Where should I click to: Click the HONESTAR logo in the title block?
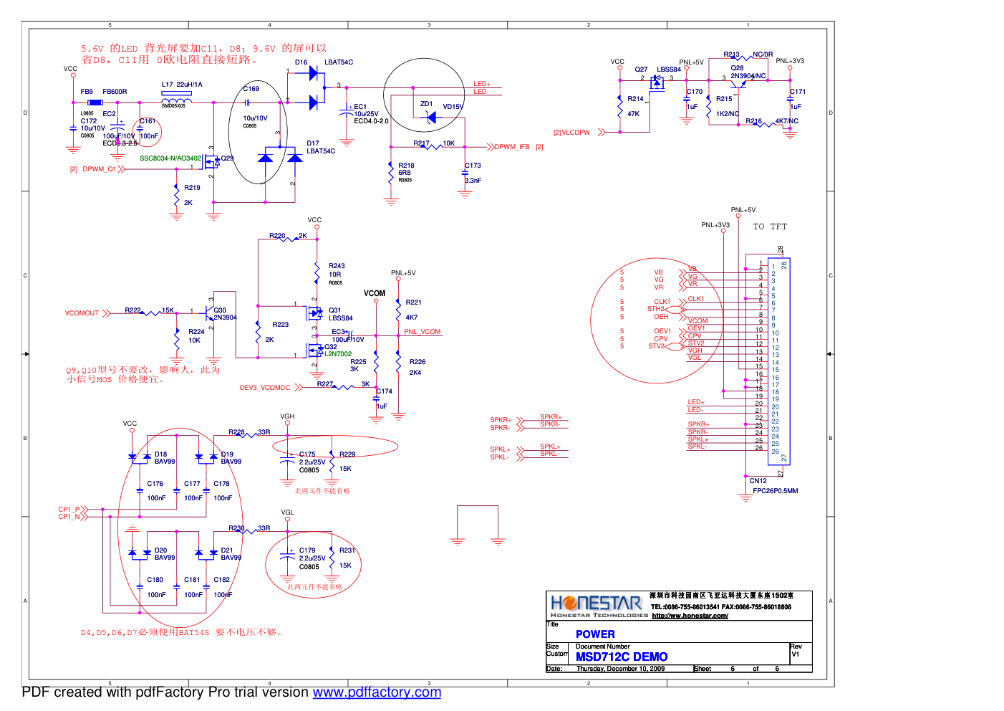click(x=596, y=604)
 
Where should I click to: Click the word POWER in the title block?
click(x=595, y=634)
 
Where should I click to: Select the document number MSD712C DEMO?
click(x=622, y=657)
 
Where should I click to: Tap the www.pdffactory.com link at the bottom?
click(x=377, y=692)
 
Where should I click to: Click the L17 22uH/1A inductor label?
click(x=182, y=85)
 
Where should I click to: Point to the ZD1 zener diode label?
click(x=426, y=104)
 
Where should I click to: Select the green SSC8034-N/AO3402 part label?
click(x=170, y=158)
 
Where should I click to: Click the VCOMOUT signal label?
click(x=82, y=313)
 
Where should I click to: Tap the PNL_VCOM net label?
click(x=423, y=332)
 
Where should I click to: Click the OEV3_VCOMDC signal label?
click(x=264, y=388)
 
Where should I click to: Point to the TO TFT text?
click(x=770, y=226)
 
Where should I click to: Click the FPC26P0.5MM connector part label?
click(x=775, y=491)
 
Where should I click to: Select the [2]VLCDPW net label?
click(x=571, y=133)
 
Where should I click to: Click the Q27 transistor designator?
click(x=641, y=70)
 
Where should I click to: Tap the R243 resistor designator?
click(x=337, y=266)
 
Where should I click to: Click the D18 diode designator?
click(x=160, y=454)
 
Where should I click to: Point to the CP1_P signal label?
click(x=69, y=510)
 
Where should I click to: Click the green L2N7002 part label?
click(x=338, y=354)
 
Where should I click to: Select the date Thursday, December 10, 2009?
click(x=620, y=669)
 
